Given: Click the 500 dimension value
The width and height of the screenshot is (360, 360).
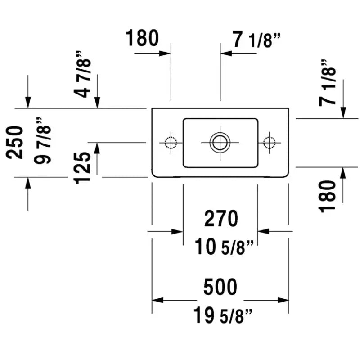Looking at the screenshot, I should coord(220,287).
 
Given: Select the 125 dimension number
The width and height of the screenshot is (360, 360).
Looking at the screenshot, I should coord(83,168).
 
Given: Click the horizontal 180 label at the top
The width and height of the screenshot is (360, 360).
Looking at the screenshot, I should coord(142,39).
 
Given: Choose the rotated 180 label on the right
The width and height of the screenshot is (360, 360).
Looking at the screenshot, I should coord(328,195).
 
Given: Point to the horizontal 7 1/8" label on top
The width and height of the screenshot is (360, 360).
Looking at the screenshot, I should coord(256,41).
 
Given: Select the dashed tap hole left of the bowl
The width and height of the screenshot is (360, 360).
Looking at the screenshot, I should coord(171,143).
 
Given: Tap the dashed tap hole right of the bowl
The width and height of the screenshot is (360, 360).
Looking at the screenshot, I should coord(269,143).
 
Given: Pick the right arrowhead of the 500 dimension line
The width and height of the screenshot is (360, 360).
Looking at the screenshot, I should coord(284,300).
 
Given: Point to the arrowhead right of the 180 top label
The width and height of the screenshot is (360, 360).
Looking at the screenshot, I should coord(166,53).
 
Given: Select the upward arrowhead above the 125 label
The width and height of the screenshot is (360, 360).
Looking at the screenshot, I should coord(97,146).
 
